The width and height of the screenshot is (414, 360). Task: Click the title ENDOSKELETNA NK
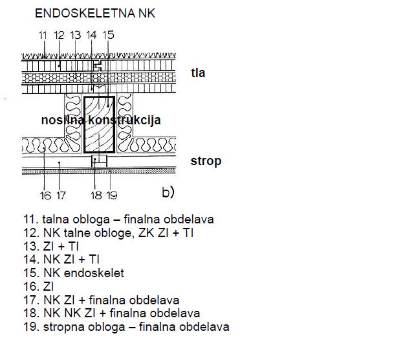coord(95,13)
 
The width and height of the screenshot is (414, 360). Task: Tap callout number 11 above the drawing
coord(43,35)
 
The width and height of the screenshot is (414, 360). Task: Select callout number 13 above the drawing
coord(76,35)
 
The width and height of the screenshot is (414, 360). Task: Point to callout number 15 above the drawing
coord(109,35)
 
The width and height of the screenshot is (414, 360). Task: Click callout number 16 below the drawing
coord(45,196)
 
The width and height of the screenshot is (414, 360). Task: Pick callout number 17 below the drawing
coord(61,196)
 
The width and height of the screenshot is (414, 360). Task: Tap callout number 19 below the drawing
coord(112,196)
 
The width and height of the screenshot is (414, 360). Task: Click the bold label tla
coord(198,73)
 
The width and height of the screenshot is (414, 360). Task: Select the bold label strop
coord(206,161)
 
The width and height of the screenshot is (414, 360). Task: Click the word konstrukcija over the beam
coord(124,120)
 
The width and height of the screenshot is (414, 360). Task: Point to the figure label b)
coord(168,192)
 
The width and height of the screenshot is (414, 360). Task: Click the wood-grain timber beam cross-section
coord(99,124)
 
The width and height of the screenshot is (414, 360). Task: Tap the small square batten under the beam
coord(99,161)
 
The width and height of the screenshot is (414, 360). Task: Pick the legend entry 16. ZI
coord(39,287)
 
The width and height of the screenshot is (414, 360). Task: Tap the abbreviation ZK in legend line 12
coord(145,233)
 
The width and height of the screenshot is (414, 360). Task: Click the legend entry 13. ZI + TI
coord(51,246)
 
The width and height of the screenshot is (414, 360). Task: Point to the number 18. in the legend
coord(32,313)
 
